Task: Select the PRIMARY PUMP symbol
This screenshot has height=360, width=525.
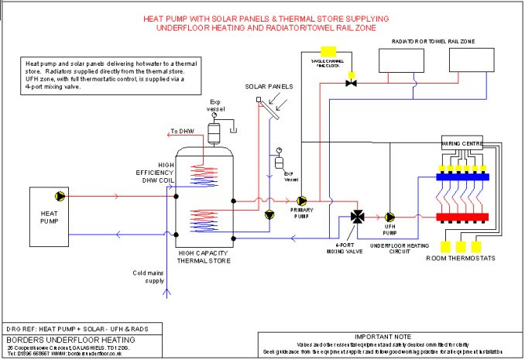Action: point(302,198)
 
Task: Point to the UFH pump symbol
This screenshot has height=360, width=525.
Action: point(390,217)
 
